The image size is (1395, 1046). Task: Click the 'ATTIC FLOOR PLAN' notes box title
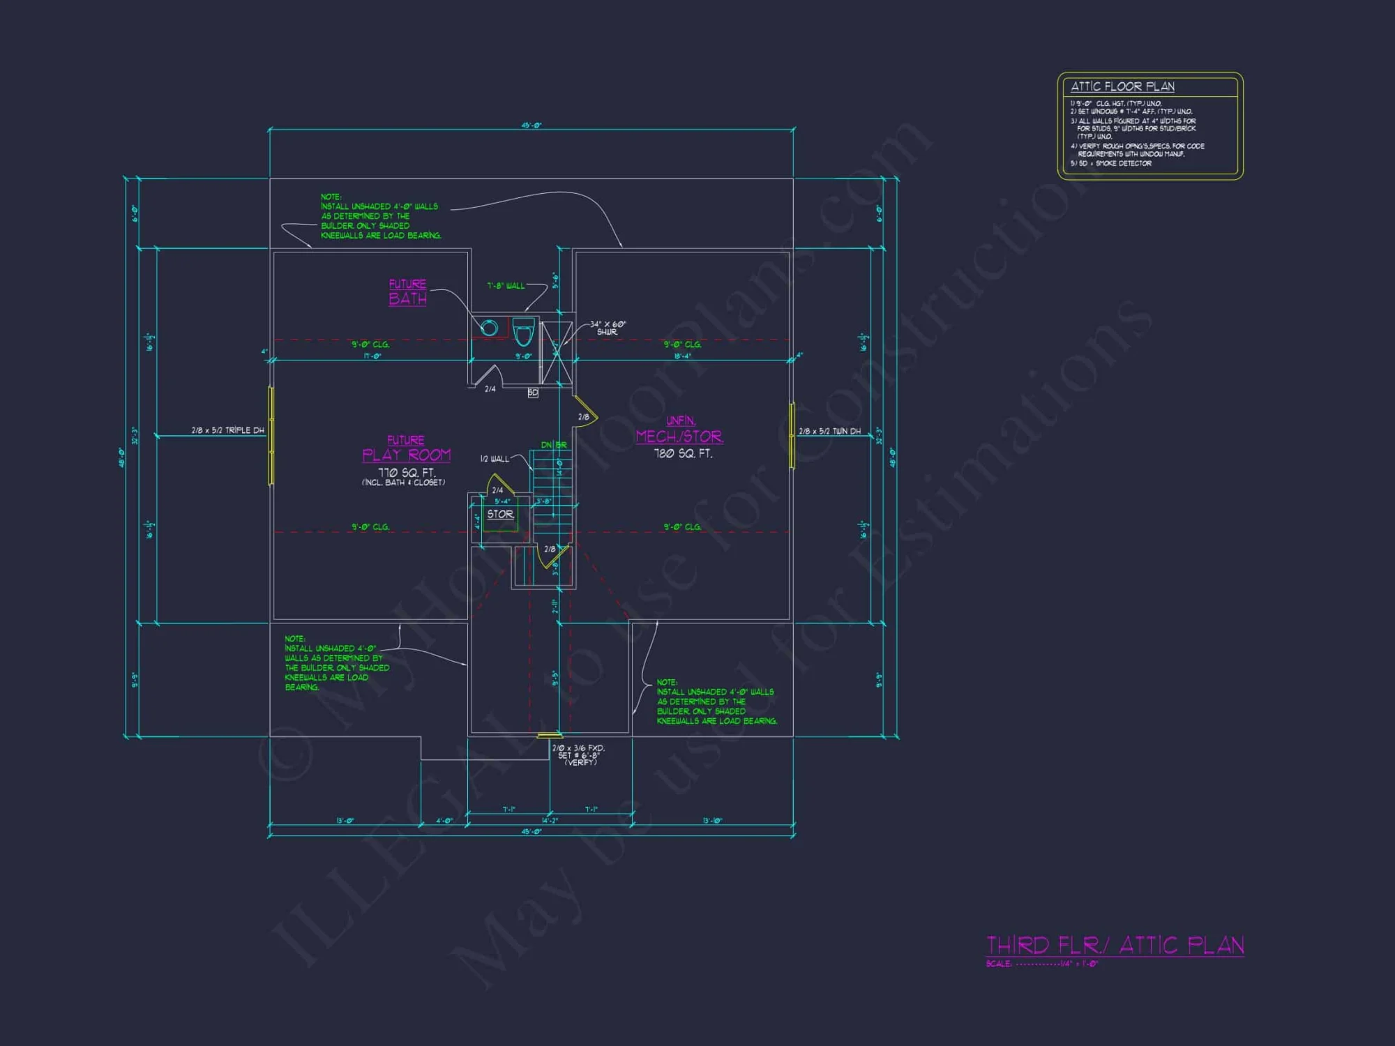pyautogui.click(x=1122, y=86)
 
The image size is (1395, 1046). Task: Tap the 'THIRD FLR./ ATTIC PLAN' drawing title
pyautogui.click(x=1115, y=946)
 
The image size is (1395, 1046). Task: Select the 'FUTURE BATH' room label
pyautogui.click(x=407, y=292)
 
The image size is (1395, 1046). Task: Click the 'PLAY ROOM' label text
pyautogui.click(x=407, y=455)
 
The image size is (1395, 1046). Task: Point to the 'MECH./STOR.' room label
pyautogui.click(x=679, y=437)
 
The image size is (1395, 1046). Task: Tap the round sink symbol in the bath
pyautogui.click(x=490, y=327)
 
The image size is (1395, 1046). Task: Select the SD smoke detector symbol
pyautogui.click(x=533, y=393)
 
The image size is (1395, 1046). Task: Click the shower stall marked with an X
pyautogui.click(x=556, y=353)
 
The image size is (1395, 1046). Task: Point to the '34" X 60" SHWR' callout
pyautogui.click(x=608, y=328)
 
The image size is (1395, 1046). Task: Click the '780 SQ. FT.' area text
pyautogui.click(x=683, y=454)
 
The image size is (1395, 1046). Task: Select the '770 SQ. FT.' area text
pyautogui.click(x=406, y=473)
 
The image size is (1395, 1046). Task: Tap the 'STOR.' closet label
pyautogui.click(x=500, y=515)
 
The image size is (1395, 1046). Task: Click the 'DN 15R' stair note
pyautogui.click(x=554, y=445)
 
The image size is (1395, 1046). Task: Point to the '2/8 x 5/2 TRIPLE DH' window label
pyautogui.click(x=228, y=431)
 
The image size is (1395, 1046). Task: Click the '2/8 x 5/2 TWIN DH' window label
pyautogui.click(x=829, y=432)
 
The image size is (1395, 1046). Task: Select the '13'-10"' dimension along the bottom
pyautogui.click(x=712, y=821)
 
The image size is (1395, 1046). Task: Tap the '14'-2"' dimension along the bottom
pyautogui.click(x=550, y=821)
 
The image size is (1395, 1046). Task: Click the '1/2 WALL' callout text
pyautogui.click(x=495, y=459)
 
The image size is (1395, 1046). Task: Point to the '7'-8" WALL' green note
pyautogui.click(x=506, y=286)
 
